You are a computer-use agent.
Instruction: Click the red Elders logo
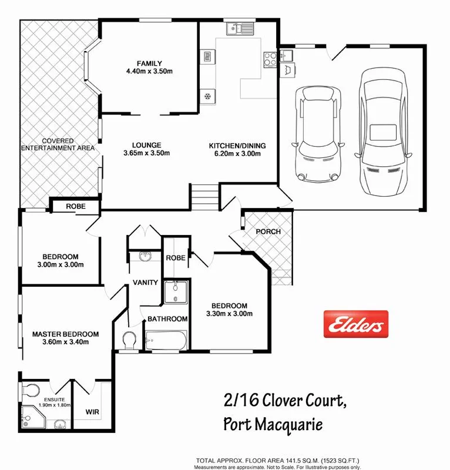coord(356,324)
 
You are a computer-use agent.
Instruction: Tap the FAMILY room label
coord(149,63)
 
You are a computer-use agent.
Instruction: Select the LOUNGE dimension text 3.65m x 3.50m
coord(146,153)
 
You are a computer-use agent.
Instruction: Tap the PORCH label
coord(268,231)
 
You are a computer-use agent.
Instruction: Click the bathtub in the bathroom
coord(166,340)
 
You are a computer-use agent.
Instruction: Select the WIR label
coord(92,412)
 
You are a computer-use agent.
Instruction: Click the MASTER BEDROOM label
coord(65,334)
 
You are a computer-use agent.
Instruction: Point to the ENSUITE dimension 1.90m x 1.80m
coord(46,405)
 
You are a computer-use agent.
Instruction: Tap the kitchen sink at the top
coord(239,28)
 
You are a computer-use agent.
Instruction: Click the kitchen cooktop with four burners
coord(270,58)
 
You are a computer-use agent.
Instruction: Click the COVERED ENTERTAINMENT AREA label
coord(58,145)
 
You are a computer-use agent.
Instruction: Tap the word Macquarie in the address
coord(289,424)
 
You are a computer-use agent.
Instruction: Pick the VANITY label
coord(146,283)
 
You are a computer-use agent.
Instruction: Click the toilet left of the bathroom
coord(129,340)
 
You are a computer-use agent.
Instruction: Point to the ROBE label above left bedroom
coord(75,207)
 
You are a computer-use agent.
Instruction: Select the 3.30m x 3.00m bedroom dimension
coord(229,314)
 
